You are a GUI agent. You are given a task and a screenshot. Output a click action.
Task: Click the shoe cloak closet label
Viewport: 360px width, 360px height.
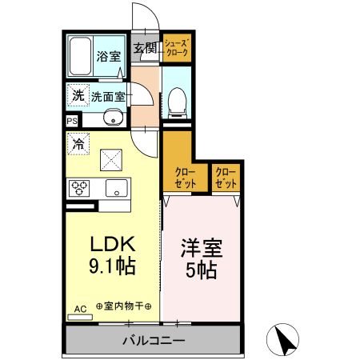pyautogui.click(x=175, y=47)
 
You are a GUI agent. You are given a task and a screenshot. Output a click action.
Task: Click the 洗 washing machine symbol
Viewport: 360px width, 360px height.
pyautogui.click(x=78, y=94)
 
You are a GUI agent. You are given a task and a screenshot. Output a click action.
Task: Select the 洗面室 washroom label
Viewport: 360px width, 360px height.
pyautogui.click(x=106, y=96)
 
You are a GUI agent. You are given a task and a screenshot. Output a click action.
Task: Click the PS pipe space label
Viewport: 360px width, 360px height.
pyautogui.click(x=72, y=122)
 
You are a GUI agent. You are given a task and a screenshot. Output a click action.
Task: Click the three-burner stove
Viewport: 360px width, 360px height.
pyautogui.click(x=80, y=189)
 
